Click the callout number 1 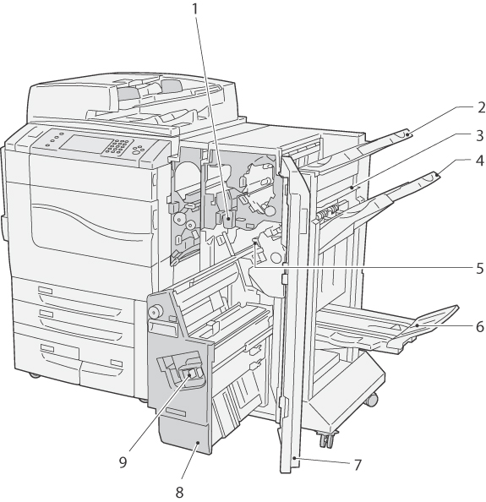pos(195,9)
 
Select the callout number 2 pos(481,107)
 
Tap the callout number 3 pos(480,136)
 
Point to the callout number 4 pos(479,161)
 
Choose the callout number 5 pos(479,268)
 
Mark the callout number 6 pos(479,326)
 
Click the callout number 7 pos(358,465)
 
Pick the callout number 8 pos(179,492)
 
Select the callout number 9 pos(123,462)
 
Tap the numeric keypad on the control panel pos(116,147)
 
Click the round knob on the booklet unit pos(155,311)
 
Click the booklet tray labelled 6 pos(387,330)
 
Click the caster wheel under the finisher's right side pos(372,400)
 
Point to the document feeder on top pos(133,96)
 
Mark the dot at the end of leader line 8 pos(199,443)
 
